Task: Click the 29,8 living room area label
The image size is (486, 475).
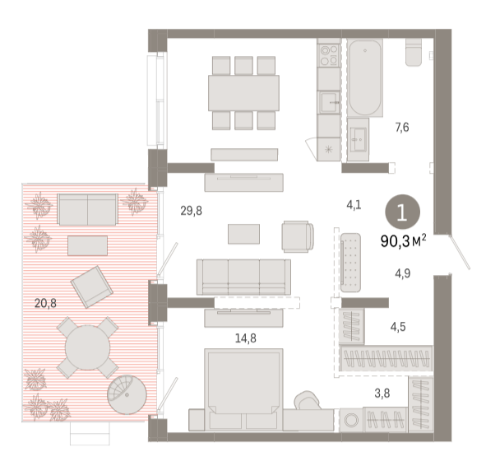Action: click(x=192, y=211)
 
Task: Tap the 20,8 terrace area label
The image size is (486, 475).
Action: click(x=45, y=303)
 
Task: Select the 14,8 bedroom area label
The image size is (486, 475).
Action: click(x=246, y=338)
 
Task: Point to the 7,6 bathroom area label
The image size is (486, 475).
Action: click(x=402, y=128)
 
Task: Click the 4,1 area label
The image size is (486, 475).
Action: click(x=354, y=205)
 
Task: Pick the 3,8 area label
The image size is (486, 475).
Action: click(x=382, y=394)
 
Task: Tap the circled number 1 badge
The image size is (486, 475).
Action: click(x=402, y=212)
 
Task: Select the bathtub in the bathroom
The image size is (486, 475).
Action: click(x=365, y=77)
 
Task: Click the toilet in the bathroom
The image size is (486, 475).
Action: click(x=414, y=52)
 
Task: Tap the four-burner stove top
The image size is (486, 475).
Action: click(x=329, y=55)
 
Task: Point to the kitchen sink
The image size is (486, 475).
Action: click(x=330, y=102)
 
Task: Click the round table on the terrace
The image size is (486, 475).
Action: click(x=88, y=347)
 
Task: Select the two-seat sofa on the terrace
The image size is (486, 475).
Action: click(x=87, y=209)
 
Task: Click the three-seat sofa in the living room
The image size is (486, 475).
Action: click(x=243, y=277)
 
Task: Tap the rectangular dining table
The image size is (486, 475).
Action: click(x=243, y=93)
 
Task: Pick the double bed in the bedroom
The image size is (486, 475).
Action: click(x=243, y=389)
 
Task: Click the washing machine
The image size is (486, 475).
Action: click(x=351, y=420)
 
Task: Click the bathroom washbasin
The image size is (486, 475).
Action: click(x=358, y=139)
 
